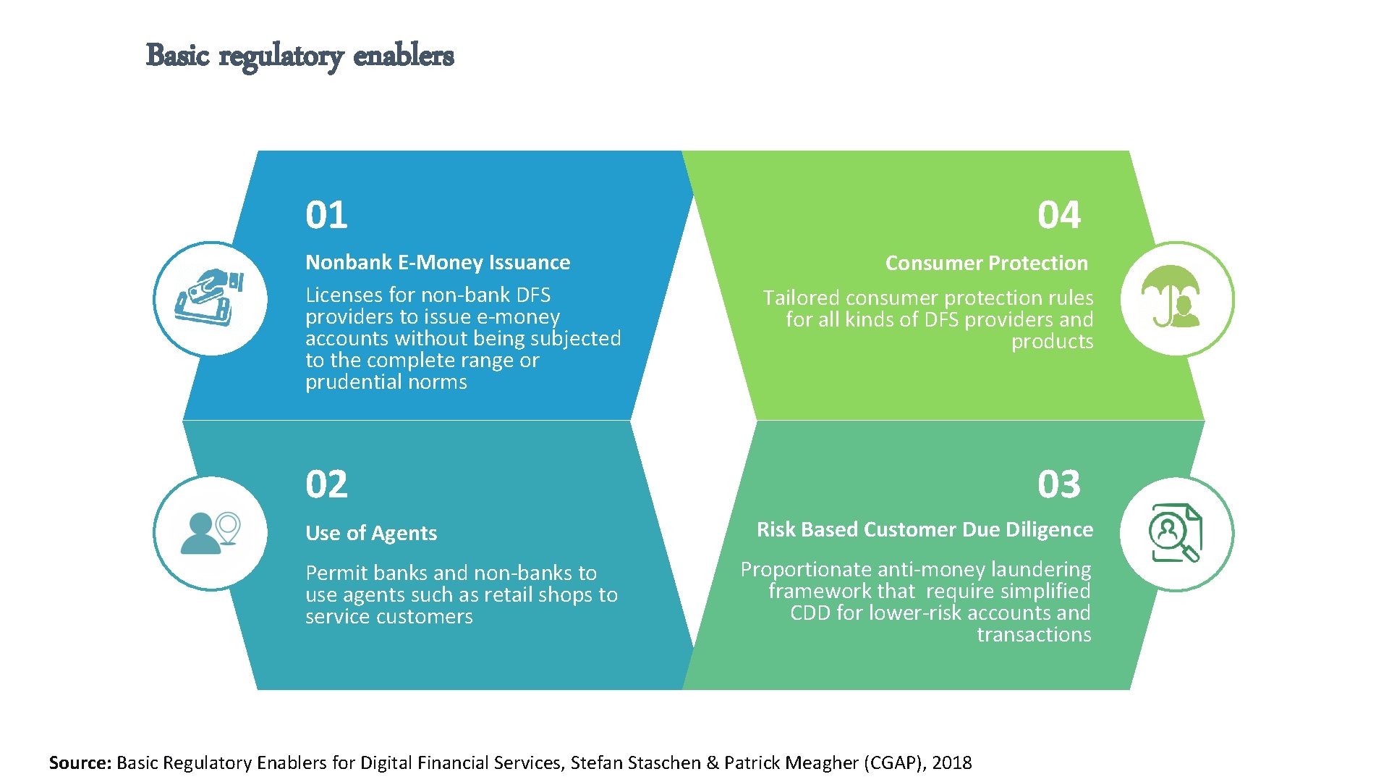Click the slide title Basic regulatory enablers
click(300, 56)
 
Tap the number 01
click(326, 215)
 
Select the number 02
click(326, 484)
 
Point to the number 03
click(1058, 484)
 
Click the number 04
click(1058, 215)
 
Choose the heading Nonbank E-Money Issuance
click(438, 262)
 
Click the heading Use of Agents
click(371, 533)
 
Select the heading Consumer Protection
click(986, 263)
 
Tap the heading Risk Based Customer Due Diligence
click(925, 529)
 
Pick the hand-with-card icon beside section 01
click(210, 298)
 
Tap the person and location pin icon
click(211, 533)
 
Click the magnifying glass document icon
click(1176, 533)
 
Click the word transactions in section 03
click(1034, 635)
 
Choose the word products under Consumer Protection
click(1052, 342)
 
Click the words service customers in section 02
click(388, 617)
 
